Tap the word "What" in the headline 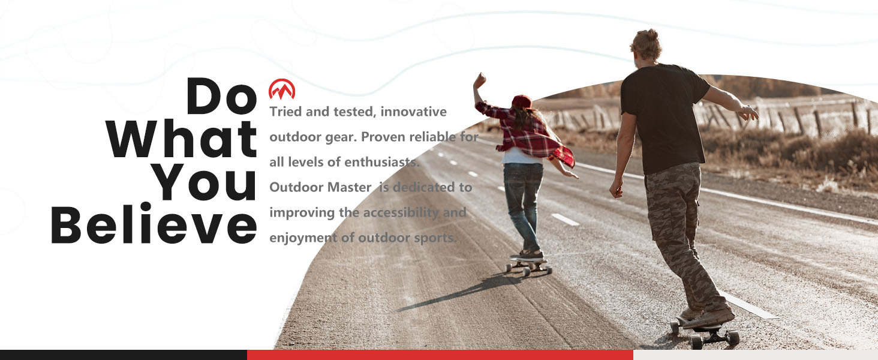(182, 139)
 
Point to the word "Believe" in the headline (154, 226)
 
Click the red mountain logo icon (282, 90)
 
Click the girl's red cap (521, 101)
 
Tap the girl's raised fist (479, 80)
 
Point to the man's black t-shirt (663, 117)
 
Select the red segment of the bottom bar (440, 355)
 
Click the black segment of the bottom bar (123, 355)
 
